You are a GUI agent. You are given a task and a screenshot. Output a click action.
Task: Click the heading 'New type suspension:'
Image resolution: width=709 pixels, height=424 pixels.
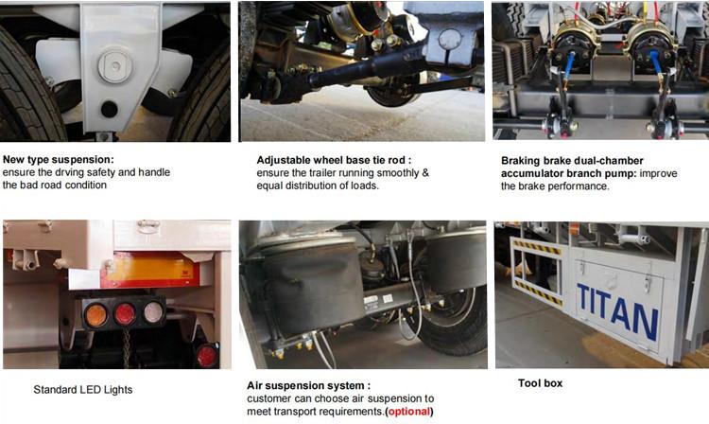[x=58, y=160]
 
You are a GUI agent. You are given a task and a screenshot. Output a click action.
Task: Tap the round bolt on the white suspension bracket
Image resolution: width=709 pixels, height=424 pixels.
[x=114, y=65]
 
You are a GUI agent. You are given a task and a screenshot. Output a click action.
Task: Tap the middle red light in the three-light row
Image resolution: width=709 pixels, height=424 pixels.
[x=125, y=314]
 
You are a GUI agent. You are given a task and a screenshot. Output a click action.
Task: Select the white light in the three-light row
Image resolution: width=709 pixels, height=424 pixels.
[x=152, y=313]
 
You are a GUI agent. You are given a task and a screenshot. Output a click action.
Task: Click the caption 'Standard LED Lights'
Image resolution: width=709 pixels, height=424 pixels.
[x=83, y=389]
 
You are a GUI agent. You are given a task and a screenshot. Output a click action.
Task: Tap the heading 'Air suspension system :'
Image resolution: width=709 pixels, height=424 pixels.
[x=307, y=385]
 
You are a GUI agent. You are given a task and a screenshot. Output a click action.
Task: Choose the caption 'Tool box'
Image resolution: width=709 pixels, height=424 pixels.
[x=542, y=383]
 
